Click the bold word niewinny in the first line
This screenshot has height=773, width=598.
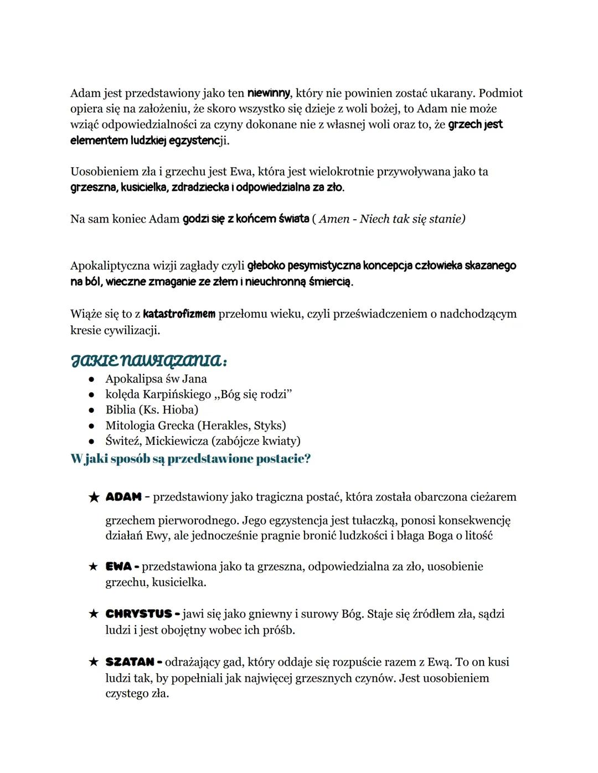coord(269,93)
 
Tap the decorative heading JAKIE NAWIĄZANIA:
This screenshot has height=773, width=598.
coord(148,361)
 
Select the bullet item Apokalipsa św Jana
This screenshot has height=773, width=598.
coord(156,379)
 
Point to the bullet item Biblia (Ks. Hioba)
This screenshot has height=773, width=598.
coord(152,410)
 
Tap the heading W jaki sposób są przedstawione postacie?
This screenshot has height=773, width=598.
coord(190,459)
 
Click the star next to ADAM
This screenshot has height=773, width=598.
coord(94,497)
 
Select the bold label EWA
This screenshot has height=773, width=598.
coord(118,567)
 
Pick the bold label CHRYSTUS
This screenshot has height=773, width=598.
coord(138,614)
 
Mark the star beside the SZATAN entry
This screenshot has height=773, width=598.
coord(94,662)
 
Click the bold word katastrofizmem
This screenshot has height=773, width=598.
coord(179,314)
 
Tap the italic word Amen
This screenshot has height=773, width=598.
coord(334,219)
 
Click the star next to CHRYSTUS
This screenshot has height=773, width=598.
coord(94,614)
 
